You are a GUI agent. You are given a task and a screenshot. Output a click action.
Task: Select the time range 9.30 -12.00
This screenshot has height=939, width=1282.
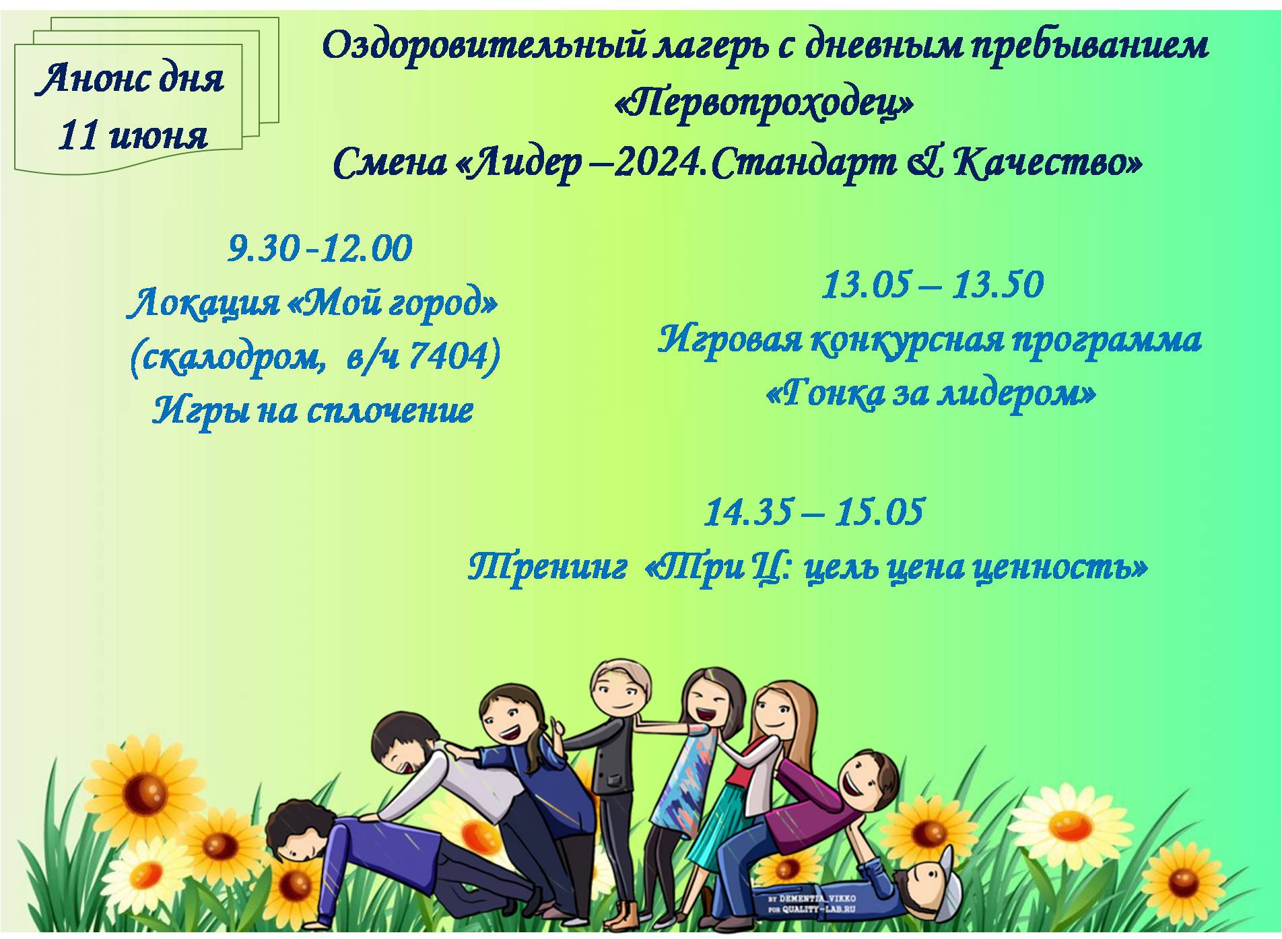(x=320, y=248)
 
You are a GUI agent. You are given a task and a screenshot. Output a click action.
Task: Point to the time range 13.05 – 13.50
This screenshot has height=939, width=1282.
(x=933, y=284)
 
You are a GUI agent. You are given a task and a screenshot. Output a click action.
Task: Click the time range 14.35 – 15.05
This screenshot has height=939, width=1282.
(x=814, y=512)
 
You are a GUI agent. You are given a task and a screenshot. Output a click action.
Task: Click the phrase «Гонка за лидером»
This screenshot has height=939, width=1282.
(x=931, y=394)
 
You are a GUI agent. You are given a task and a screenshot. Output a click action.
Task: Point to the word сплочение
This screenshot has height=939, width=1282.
(x=390, y=411)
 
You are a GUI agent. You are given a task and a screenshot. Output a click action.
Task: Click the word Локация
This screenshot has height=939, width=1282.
(x=204, y=304)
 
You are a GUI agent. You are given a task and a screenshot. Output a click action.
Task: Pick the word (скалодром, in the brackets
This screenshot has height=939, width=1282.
(x=226, y=357)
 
